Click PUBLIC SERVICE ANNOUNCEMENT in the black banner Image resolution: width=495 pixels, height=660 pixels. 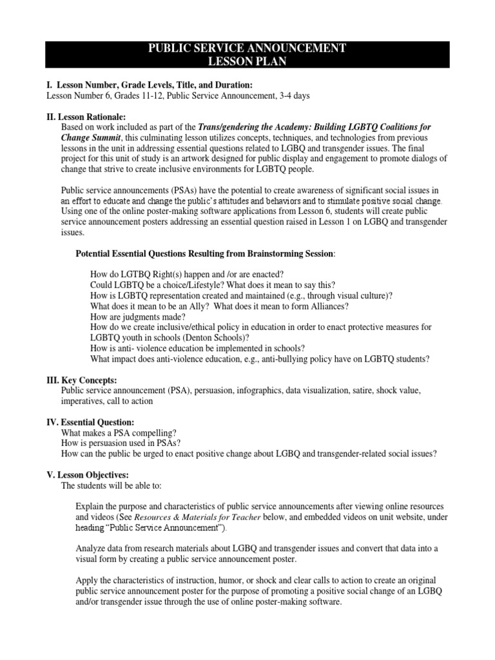247,48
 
